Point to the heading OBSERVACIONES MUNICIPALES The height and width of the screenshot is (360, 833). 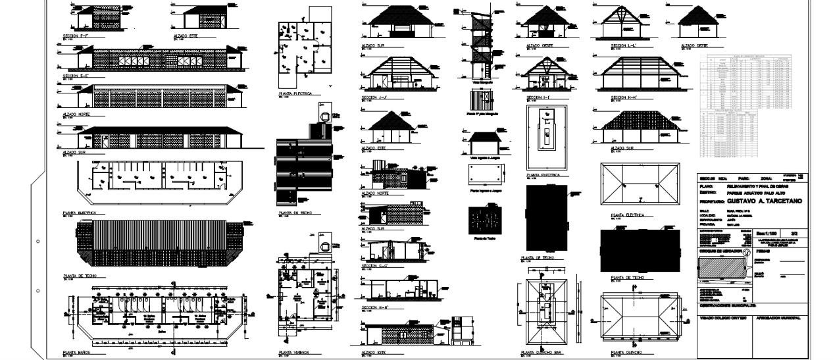[x=730, y=306]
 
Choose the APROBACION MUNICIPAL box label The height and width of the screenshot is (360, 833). [x=778, y=318]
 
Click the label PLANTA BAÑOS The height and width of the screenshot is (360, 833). [x=76, y=353]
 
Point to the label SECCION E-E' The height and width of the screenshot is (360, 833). [x=75, y=75]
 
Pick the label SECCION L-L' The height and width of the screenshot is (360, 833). [x=623, y=45]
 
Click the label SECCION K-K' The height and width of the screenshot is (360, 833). [x=624, y=97]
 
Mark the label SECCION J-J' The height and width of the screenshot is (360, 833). [x=373, y=97]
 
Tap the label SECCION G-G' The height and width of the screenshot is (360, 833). [x=373, y=266]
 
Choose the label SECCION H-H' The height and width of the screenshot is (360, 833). [x=373, y=307]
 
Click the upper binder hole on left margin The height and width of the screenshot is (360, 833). [x=39, y=242]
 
